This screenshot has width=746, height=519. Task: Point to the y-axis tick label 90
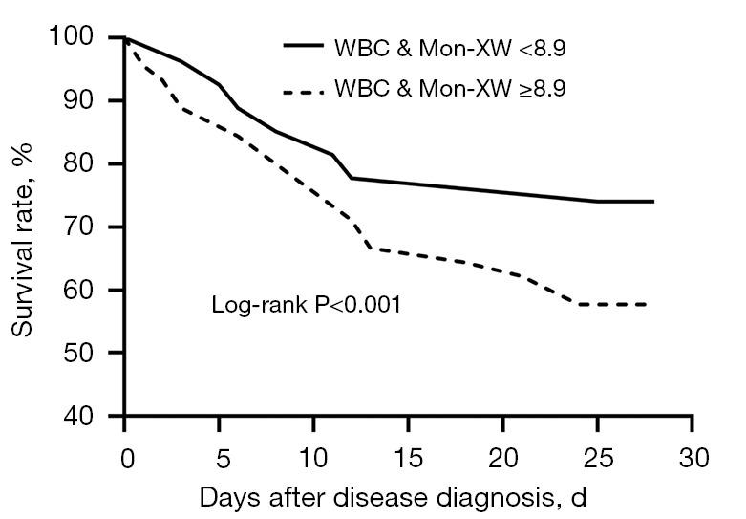pyautogui.click(x=84, y=100)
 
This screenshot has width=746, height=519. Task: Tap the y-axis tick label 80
pyautogui.click(x=84, y=163)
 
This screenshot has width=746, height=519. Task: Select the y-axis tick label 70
pyautogui.click(x=84, y=227)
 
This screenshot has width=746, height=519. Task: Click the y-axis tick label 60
pyautogui.click(x=84, y=290)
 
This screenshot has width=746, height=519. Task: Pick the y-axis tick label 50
pyautogui.click(x=84, y=353)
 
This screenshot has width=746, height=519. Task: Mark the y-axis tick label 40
pyautogui.click(x=84, y=416)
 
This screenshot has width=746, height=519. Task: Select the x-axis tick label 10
pyautogui.click(x=313, y=457)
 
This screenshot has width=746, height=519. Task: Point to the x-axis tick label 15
pyautogui.click(x=408, y=457)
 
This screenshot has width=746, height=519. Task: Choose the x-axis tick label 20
pyautogui.click(x=502, y=457)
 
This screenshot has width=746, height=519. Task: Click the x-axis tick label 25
pyautogui.click(x=597, y=457)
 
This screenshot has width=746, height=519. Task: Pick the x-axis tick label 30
pyautogui.click(x=692, y=457)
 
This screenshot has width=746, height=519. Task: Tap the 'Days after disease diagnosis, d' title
pyautogui.click(x=392, y=498)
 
